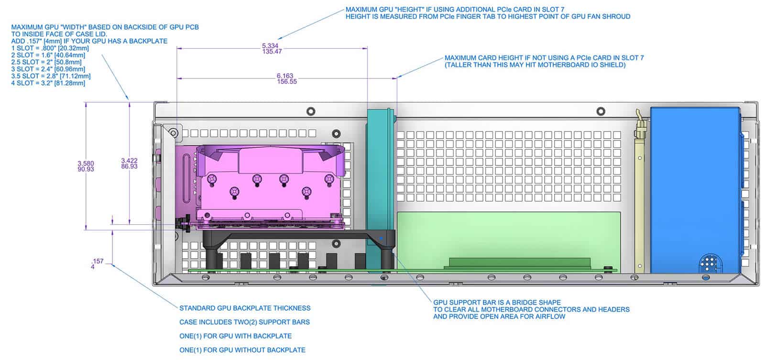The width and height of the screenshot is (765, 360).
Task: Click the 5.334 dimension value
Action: click(270, 45)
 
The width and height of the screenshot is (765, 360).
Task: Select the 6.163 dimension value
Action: click(285, 76)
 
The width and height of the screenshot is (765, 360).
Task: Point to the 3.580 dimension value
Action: click(86, 163)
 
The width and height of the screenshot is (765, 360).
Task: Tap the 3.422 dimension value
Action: click(129, 161)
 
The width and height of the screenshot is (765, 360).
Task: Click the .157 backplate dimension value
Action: click(98, 261)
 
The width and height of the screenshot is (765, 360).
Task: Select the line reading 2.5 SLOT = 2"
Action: click(46, 62)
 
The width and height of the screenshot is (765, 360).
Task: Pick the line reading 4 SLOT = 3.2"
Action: click(48, 83)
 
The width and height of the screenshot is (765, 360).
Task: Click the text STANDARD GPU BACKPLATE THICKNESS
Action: click(245, 308)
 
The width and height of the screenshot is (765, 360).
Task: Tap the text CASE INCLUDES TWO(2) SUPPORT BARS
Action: click(244, 322)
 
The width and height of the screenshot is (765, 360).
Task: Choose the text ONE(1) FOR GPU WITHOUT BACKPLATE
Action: click(242, 350)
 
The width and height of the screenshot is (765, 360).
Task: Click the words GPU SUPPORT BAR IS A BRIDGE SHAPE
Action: click(497, 302)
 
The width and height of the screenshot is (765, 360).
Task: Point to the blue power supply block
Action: click(695, 190)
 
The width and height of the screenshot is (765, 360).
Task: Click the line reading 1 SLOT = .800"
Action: click(50, 48)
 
